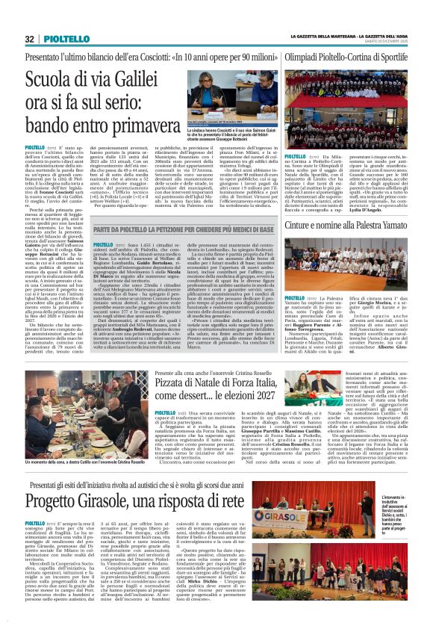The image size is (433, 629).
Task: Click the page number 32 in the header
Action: click(30, 39)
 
